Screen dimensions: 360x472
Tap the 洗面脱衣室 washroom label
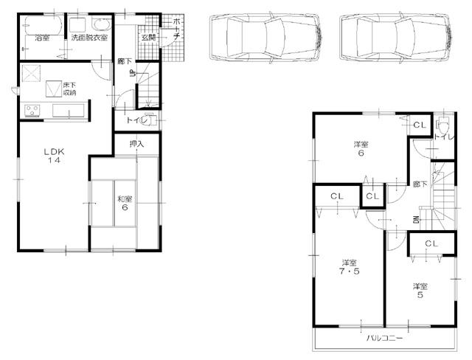coord(89,37)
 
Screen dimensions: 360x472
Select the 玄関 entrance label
coord(147,37)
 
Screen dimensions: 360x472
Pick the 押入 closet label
coord(136,145)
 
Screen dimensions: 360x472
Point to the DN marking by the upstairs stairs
coord(417,220)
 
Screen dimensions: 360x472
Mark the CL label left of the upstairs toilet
coord(418,125)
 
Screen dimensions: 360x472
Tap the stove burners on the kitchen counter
coord(32,111)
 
